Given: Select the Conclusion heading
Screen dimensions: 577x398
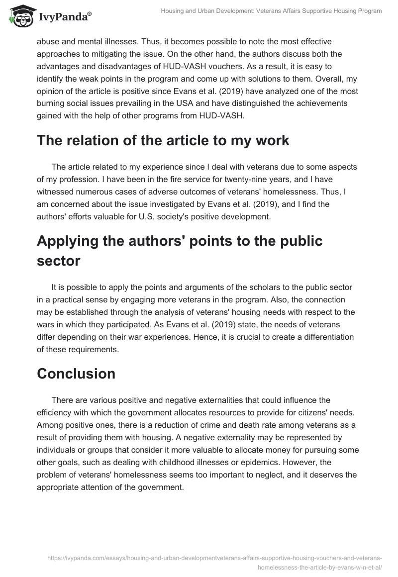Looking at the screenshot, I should coord(76,374).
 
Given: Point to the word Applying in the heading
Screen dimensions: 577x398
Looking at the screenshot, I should coord(72,241).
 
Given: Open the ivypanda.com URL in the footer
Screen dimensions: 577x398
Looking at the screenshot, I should coord(214,559).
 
